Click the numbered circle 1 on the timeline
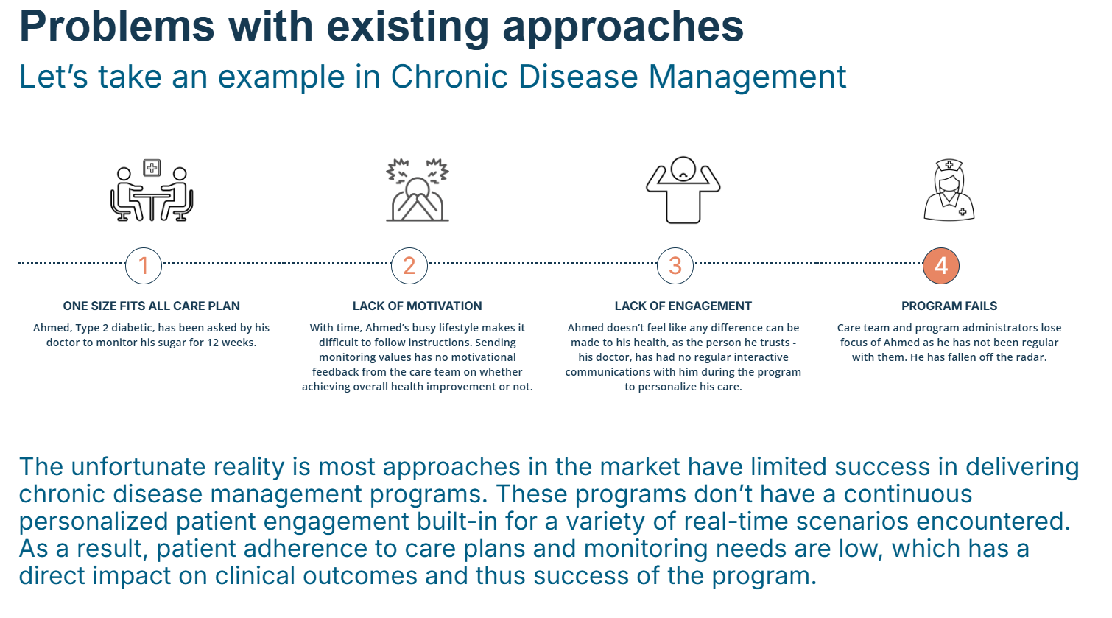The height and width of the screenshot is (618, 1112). click(144, 266)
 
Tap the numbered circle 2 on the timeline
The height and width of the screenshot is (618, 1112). click(409, 266)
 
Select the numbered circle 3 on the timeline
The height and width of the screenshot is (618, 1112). click(675, 266)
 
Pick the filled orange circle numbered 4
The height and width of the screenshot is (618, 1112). click(941, 266)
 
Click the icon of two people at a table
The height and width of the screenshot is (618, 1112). click(152, 190)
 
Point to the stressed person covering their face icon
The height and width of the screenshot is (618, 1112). click(418, 189)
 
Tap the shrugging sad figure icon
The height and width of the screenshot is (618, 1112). click(683, 189)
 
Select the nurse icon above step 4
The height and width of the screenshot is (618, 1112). click(949, 189)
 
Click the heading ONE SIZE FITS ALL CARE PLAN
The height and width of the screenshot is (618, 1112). click(152, 306)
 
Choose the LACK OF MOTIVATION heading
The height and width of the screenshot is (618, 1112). click(418, 306)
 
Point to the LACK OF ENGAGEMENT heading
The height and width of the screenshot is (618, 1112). click(683, 306)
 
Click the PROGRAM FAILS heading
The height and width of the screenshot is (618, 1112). click(949, 306)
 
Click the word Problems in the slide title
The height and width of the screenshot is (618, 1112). click(116, 27)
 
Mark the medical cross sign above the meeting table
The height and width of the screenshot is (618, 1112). click(152, 168)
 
